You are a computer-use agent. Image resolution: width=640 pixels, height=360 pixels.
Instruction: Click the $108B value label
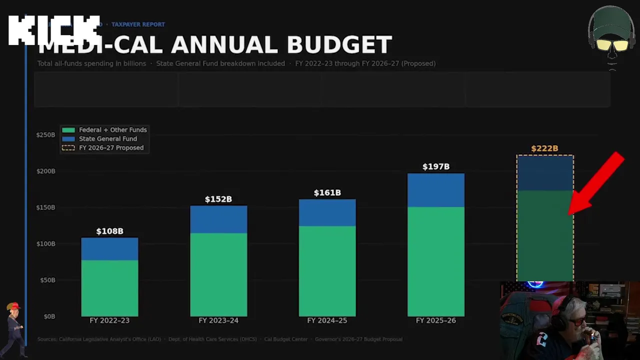(x=109, y=231)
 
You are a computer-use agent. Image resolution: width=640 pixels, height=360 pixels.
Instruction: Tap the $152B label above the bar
(x=218, y=199)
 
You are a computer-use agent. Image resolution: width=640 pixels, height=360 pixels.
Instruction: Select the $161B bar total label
(x=327, y=193)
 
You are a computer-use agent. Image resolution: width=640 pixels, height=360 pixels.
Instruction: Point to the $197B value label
(x=436, y=167)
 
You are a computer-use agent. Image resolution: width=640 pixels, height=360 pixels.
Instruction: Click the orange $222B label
(x=544, y=148)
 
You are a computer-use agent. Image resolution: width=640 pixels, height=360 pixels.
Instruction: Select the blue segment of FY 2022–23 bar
(x=109, y=249)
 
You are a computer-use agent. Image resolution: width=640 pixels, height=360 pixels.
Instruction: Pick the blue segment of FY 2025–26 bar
(x=436, y=190)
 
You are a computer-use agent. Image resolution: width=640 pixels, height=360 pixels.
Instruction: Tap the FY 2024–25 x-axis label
(x=327, y=320)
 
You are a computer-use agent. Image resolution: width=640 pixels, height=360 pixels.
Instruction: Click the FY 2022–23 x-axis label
(x=109, y=320)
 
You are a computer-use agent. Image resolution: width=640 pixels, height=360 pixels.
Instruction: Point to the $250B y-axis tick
(x=45, y=135)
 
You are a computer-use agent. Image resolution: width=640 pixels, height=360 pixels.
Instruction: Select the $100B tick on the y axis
(x=45, y=244)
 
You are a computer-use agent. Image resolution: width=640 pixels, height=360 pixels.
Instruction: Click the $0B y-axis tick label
(x=48, y=316)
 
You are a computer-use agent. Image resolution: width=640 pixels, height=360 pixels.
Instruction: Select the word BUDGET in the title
(x=339, y=45)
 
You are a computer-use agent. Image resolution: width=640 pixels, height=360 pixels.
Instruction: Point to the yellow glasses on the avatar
(x=612, y=45)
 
